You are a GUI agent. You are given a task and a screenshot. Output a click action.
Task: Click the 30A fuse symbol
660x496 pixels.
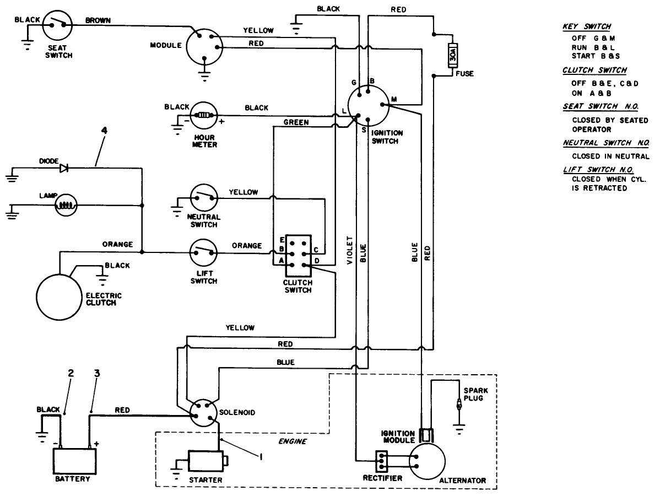click(453, 55)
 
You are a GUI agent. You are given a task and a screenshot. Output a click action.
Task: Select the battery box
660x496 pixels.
click(74, 461)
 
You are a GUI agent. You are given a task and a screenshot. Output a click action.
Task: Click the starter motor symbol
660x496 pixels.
click(205, 461)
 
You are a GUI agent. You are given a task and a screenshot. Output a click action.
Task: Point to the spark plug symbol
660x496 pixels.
click(457, 407)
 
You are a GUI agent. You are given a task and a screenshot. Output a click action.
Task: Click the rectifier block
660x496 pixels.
click(383, 461)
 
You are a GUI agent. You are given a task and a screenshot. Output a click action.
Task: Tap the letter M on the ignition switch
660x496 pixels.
click(394, 99)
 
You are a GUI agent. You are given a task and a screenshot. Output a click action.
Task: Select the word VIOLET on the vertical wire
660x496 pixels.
click(350, 251)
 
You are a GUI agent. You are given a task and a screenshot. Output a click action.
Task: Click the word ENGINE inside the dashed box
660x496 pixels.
click(292, 441)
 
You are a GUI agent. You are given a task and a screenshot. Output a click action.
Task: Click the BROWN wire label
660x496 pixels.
click(98, 20)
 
